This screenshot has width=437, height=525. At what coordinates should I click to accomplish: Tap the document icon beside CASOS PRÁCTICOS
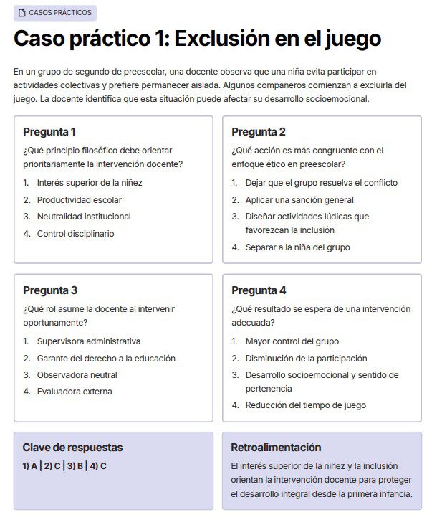pyautogui.click(x=22, y=14)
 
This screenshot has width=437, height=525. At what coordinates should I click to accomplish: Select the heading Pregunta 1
pyautogui.click(x=49, y=132)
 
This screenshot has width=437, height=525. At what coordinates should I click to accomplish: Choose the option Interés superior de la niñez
pyautogui.click(x=90, y=183)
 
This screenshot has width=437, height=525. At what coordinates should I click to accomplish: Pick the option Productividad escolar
pyautogui.click(x=80, y=200)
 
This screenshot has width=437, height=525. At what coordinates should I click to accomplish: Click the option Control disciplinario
pyautogui.click(x=75, y=234)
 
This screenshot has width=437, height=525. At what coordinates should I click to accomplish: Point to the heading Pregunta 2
pyautogui.click(x=259, y=132)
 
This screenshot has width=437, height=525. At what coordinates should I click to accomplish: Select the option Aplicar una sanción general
pyautogui.click(x=299, y=200)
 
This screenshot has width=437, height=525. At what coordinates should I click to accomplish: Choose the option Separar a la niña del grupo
pyautogui.click(x=297, y=247)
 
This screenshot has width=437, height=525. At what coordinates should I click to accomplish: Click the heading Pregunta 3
pyautogui.click(x=50, y=290)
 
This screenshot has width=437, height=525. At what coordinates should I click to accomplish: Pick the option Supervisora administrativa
pyautogui.click(x=89, y=341)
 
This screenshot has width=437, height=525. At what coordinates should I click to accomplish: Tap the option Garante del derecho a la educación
pyautogui.click(x=106, y=359)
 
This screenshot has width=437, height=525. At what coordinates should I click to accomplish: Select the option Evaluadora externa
pyautogui.click(x=75, y=392)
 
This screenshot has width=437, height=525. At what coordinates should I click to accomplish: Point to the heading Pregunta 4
pyautogui.click(x=259, y=290)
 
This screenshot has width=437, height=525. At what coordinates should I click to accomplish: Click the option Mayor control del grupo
pyautogui.click(x=292, y=341)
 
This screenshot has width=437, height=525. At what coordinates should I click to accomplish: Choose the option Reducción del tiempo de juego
pyautogui.click(x=305, y=405)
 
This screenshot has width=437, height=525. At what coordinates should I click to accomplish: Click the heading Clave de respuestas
pyautogui.click(x=72, y=448)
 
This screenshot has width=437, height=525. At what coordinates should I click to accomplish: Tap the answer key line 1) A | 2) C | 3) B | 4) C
pyautogui.click(x=64, y=466)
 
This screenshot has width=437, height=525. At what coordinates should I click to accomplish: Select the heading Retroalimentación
pyautogui.click(x=276, y=448)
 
